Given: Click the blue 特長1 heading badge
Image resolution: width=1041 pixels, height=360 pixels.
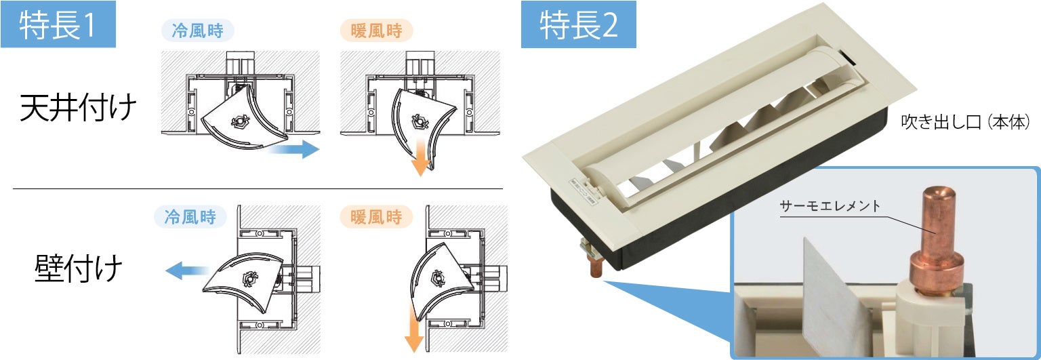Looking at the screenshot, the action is coord(58,24).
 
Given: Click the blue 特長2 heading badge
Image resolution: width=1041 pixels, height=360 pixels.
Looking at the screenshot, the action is coord(578,24).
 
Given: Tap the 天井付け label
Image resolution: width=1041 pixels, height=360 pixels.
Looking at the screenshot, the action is coord(79,108).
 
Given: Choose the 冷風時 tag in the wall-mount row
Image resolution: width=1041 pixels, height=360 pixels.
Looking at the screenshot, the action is coord(190,217).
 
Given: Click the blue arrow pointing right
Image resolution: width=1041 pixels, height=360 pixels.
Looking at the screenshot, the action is coord(293,149).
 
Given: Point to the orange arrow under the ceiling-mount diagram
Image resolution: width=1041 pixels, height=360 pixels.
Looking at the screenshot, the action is coord(420,157).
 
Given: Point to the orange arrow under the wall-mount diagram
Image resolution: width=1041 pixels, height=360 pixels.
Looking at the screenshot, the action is coord(413,332).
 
